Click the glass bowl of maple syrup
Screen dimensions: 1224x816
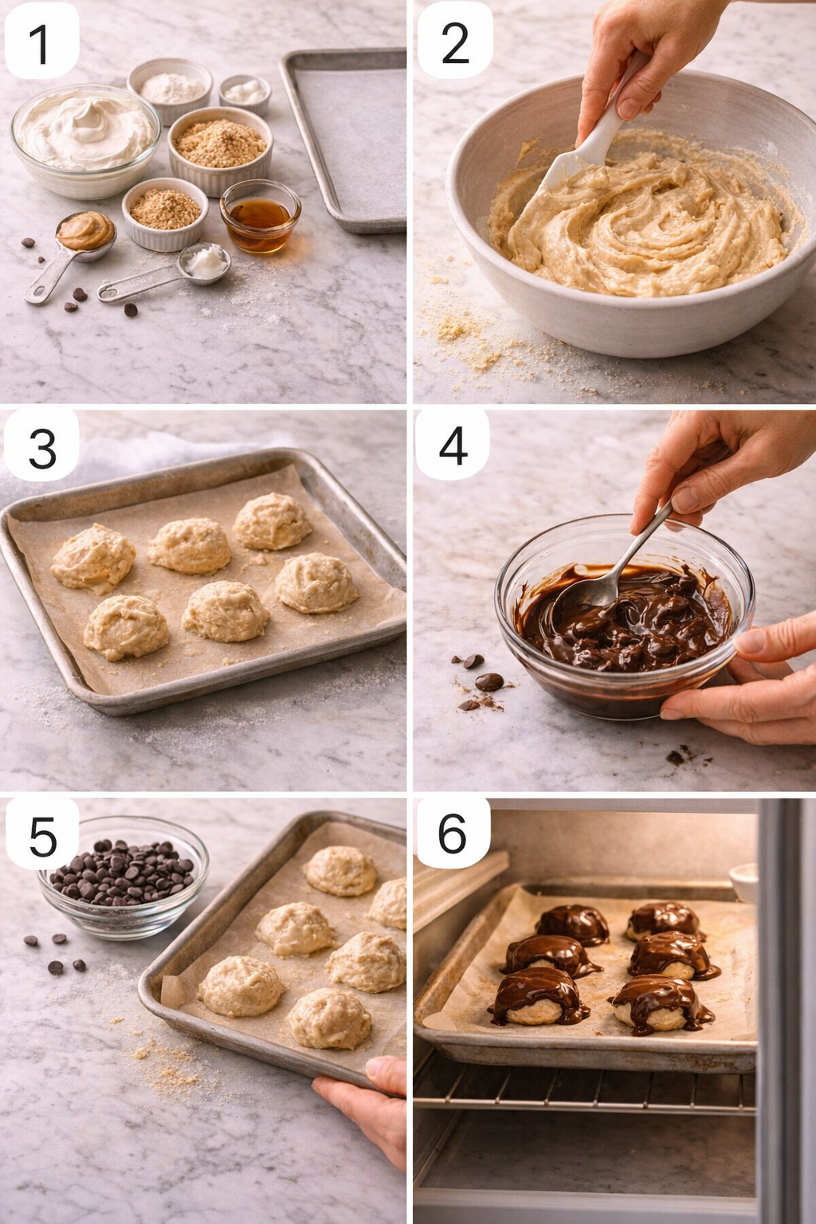pos(260,215)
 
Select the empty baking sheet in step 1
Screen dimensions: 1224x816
pos(347,139)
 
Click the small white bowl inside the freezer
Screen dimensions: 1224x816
pos(744,881)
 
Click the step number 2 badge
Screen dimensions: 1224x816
pos(454,41)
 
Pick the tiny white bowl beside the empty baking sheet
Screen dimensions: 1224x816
pos(245,93)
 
